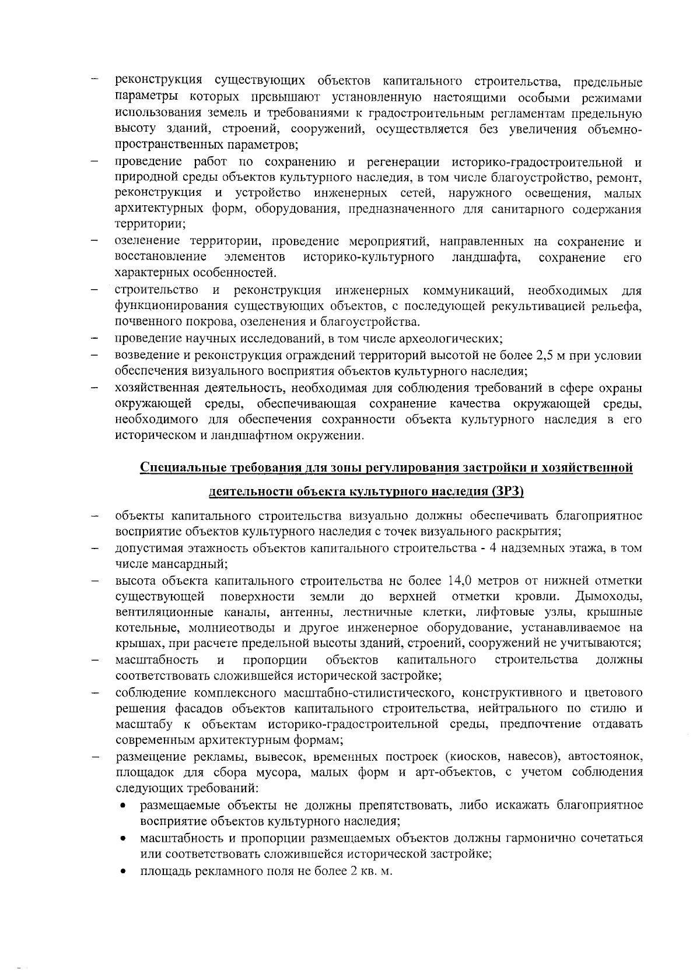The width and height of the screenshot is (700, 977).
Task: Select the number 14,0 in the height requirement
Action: point(463,581)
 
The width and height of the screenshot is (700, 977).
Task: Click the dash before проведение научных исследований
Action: point(93,339)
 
